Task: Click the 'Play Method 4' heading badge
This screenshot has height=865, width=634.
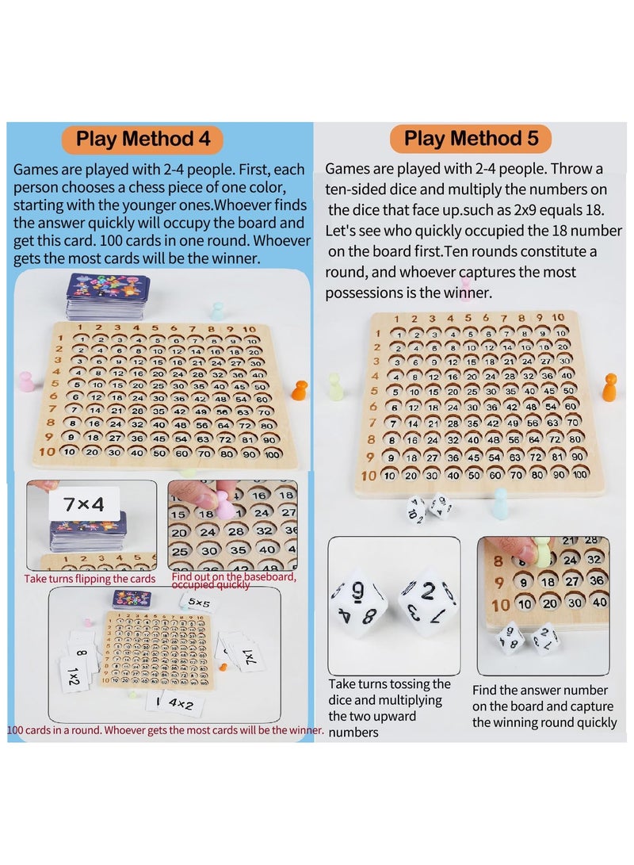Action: [143, 139]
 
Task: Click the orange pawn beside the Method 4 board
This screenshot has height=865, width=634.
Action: [300, 389]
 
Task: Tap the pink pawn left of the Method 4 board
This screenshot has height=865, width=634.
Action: [26, 382]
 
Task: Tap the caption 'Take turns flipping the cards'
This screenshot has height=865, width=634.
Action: [90, 579]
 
